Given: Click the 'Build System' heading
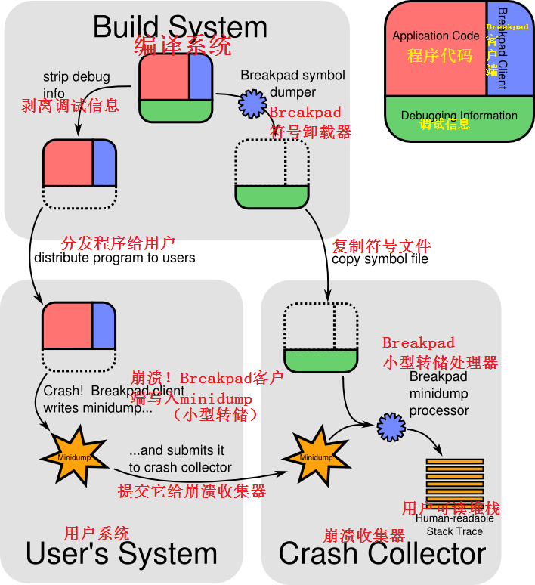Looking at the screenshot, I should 180,27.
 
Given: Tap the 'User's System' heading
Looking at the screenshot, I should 121,554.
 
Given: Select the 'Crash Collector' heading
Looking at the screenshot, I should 382,554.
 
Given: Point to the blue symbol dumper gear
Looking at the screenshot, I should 252,104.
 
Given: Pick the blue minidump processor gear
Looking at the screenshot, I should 391,427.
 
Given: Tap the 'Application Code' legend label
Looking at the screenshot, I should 435,36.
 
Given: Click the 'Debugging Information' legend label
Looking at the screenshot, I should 459,116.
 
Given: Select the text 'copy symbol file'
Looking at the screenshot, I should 380,259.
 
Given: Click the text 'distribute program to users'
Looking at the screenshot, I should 114,258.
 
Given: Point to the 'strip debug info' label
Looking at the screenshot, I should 76,85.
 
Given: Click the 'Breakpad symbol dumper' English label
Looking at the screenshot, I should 292,83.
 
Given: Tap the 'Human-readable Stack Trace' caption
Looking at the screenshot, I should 454,525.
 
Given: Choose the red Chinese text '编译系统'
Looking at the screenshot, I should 183,47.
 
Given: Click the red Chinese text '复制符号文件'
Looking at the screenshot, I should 382,246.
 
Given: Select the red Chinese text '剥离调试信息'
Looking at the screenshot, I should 70,105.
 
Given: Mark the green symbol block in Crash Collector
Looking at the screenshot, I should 320,359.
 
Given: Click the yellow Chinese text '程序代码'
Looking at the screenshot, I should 439,56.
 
